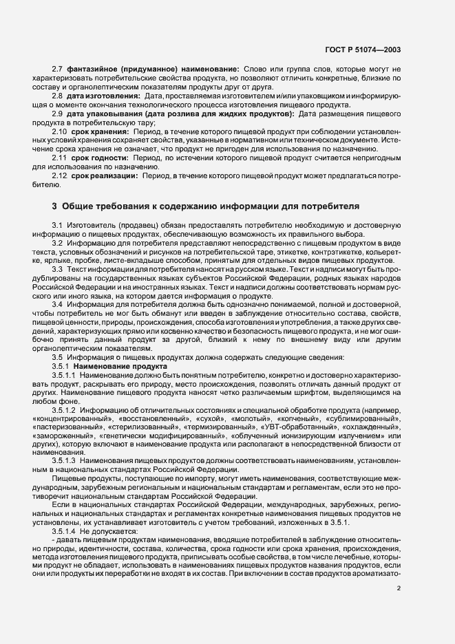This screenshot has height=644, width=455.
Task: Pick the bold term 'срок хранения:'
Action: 100,131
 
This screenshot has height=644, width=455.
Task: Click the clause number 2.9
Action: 57,113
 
